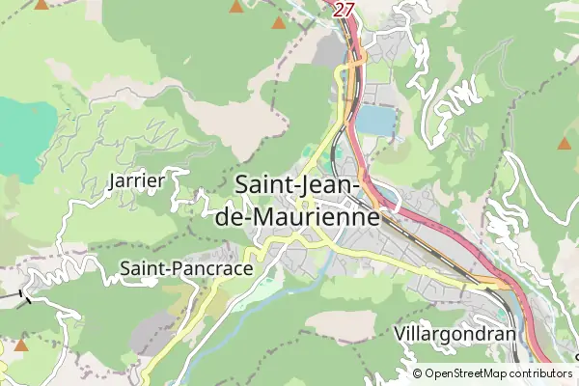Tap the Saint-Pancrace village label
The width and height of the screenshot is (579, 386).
point(185,268)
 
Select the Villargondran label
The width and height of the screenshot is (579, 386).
point(455,334)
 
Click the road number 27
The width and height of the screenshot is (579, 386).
point(345,9)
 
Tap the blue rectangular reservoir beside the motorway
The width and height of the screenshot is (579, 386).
point(376,122)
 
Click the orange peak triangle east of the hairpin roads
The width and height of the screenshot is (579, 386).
point(564,144)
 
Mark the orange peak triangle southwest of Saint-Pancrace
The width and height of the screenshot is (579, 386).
point(21,345)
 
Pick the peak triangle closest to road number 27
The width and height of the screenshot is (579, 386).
point(279,22)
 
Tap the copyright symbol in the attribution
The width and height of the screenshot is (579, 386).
point(418,373)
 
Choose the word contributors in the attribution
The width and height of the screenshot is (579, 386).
point(541,373)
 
